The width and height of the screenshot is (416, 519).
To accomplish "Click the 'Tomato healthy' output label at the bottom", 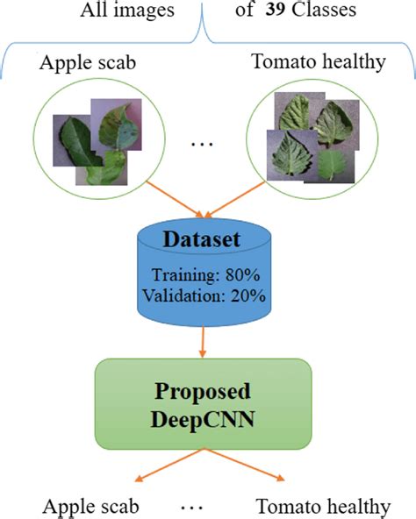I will click(323, 506).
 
